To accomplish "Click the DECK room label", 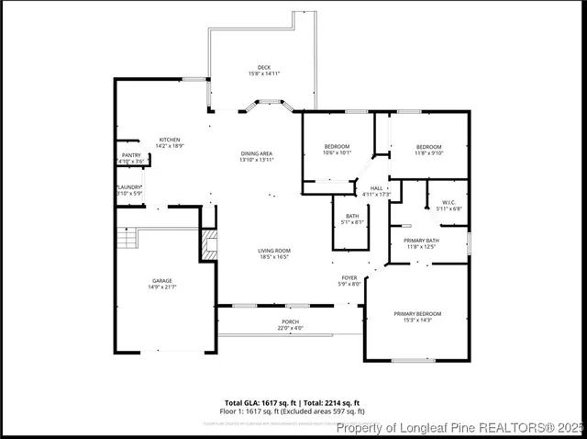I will pos(264,67).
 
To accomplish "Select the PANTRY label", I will pos(130,155).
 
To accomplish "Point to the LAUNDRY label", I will pos(129,187).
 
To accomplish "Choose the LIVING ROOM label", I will pos(273,251).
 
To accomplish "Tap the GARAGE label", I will pos(162,280).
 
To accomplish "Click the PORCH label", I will pos(290,321).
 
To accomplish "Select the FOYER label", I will pos(349,277).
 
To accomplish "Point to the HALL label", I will pos(376,188).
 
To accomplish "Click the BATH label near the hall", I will pos(352,216).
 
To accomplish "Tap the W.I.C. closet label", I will pos(449,202).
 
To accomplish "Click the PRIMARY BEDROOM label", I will pos(417,314).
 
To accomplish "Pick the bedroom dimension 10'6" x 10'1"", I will pos(337,153).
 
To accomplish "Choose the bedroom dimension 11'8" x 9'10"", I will pos(429,153).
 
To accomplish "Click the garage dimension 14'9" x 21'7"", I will pos(162,287).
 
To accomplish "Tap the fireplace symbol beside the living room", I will pos(209,244).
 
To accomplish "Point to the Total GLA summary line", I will pos(293,402).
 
